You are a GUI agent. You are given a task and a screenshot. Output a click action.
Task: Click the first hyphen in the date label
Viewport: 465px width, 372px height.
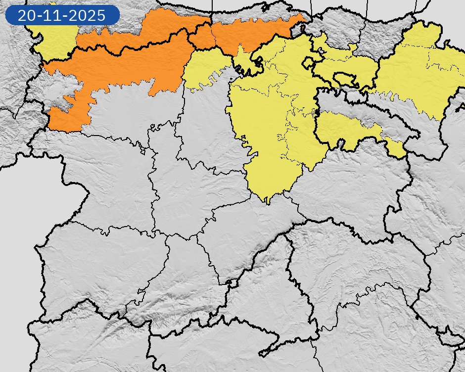click(x=40, y=15)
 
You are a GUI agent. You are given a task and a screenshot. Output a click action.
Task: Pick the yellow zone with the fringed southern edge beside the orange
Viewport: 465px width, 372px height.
click(x=205, y=69)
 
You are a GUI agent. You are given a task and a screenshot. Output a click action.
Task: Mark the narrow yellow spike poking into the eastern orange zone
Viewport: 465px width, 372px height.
click(x=240, y=49)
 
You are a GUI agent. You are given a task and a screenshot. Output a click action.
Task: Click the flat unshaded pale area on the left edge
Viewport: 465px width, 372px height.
click(x=20, y=223)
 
